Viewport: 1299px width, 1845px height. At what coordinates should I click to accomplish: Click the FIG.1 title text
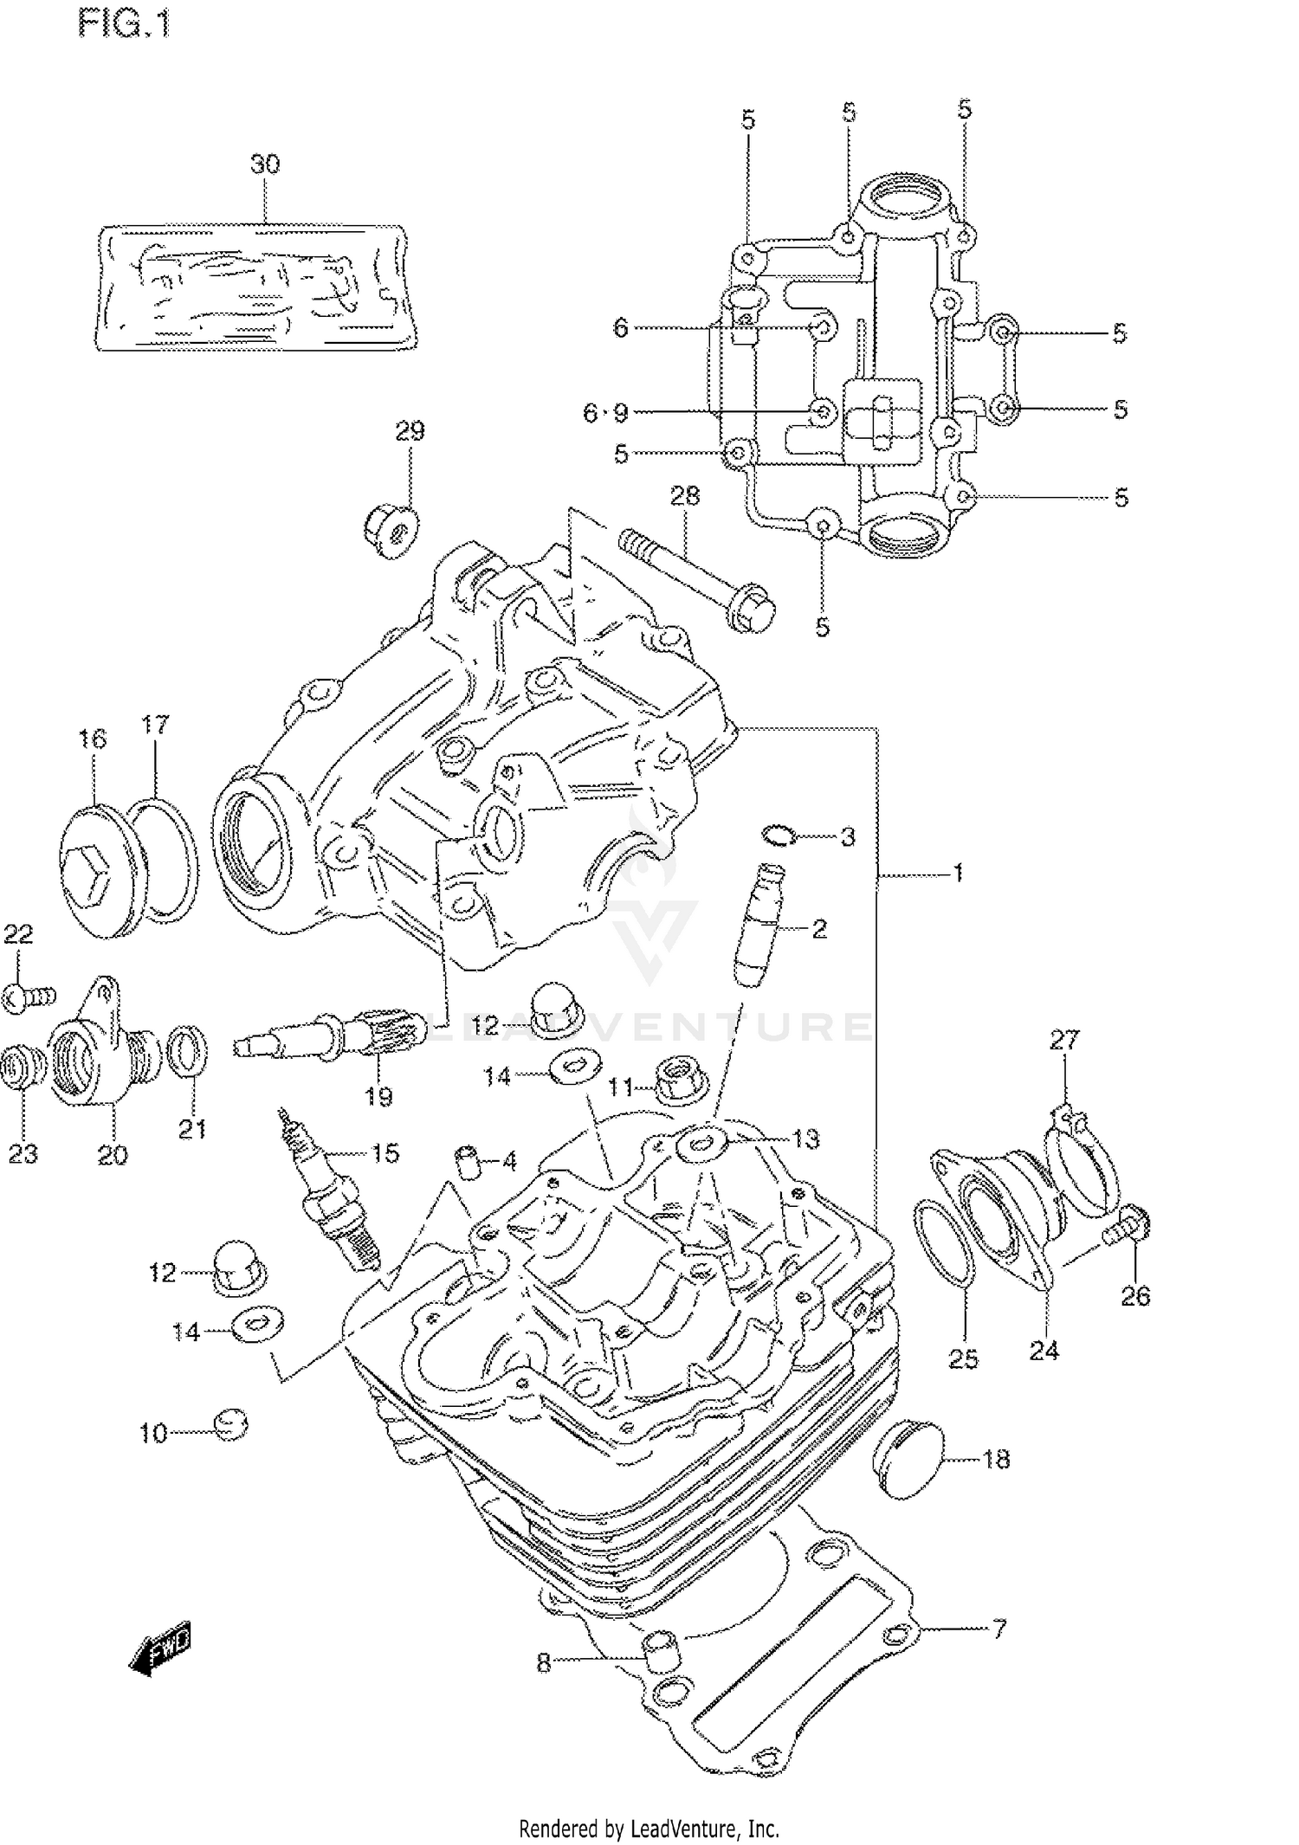(x=125, y=24)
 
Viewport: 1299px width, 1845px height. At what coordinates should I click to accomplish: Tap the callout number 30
(x=265, y=165)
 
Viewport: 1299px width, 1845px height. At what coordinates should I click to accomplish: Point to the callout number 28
(x=684, y=496)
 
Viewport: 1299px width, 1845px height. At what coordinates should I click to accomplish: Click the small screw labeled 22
(x=28, y=997)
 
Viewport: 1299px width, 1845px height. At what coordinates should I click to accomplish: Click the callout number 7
(x=998, y=1629)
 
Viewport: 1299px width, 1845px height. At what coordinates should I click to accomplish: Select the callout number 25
(x=962, y=1358)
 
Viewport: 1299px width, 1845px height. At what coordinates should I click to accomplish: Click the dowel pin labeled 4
(x=469, y=1159)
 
